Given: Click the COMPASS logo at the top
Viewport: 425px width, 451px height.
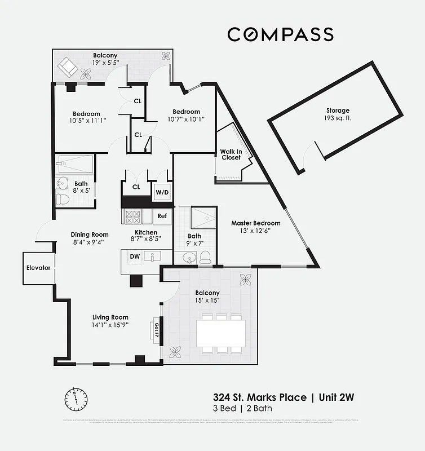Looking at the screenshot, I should tap(280, 34).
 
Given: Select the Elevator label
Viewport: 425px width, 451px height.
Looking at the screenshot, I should tap(38, 268).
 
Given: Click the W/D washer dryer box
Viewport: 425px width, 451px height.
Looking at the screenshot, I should tap(162, 192).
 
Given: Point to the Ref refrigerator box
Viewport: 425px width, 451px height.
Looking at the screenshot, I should tap(162, 216).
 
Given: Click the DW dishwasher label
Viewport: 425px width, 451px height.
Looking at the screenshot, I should tap(135, 257).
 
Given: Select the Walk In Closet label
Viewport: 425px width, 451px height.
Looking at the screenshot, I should tap(231, 154).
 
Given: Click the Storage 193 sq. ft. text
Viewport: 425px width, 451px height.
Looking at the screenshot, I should tap(338, 114).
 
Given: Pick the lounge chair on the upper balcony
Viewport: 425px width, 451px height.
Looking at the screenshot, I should tap(69, 67).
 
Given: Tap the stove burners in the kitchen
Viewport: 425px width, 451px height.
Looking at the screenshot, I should tap(134, 215).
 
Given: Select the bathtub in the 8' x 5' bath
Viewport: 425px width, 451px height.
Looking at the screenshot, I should tap(76, 164).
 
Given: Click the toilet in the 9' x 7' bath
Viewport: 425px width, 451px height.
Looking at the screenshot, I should tap(206, 257).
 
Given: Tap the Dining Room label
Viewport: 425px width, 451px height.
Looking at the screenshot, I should tap(90, 235).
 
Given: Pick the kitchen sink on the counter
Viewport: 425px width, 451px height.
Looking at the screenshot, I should tap(152, 257).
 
